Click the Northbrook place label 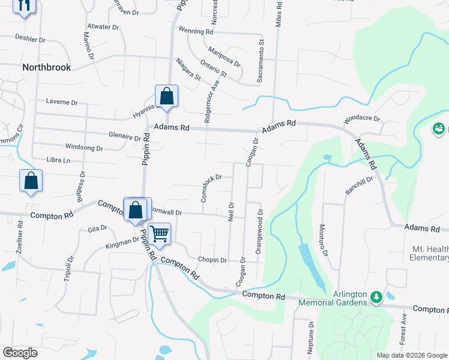(x=46, y=67)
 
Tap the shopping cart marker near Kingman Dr (x=159, y=233)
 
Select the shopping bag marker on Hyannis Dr (x=166, y=96)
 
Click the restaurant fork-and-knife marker (x=24, y=5)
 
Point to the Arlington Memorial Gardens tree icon (x=376, y=296)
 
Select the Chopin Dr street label (x=212, y=260)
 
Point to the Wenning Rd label (x=196, y=31)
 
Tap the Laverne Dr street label (x=62, y=103)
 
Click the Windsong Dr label (x=83, y=147)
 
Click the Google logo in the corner (x=20, y=353)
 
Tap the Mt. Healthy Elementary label (x=430, y=253)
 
